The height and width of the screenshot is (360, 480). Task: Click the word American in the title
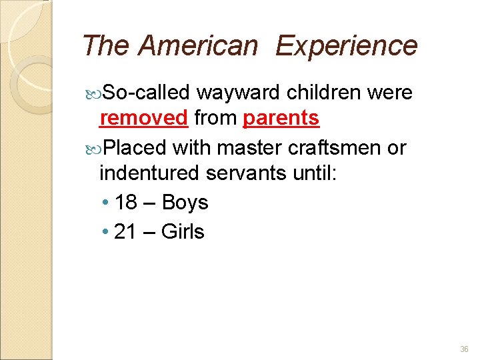(x=198, y=46)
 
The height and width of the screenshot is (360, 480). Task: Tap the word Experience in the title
(x=346, y=46)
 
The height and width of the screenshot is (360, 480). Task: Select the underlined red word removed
(x=143, y=118)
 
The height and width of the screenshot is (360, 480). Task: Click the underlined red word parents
(x=281, y=118)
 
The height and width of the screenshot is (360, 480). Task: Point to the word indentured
(x=149, y=173)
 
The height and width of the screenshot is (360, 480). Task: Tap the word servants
(x=246, y=173)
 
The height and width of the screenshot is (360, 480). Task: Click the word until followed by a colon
(x=315, y=173)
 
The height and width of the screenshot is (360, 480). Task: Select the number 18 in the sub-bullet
(x=125, y=203)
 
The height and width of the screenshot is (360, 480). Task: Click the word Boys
(x=185, y=203)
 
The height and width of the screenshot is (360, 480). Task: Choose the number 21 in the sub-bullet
(x=125, y=232)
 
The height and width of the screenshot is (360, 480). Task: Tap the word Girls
(x=183, y=232)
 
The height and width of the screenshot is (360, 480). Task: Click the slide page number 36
(x=464, y=349)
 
